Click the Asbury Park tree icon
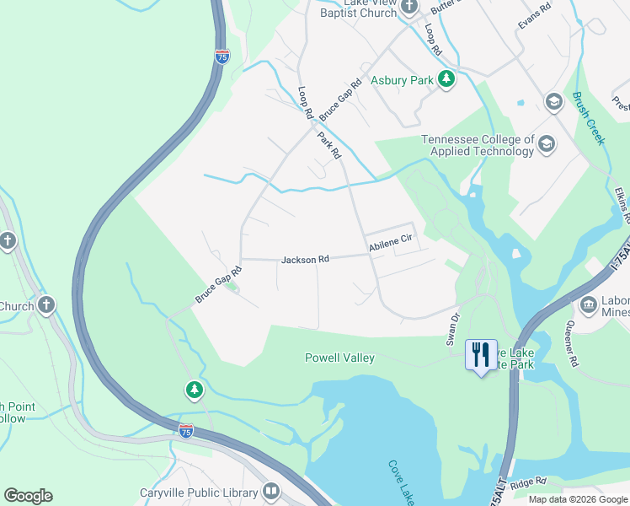(446, 80)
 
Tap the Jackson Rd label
(305, 260)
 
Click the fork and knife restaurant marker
(480, 353)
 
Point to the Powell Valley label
(339, 358)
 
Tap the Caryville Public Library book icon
(271, 491)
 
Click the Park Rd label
(329, 145)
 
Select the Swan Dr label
(454, 328)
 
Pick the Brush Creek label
(589, 118)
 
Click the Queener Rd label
(574, 347)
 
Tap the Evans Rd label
(534, 17)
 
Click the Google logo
(28, 496)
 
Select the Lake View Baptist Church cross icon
(410, 8)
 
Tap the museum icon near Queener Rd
(589, 304)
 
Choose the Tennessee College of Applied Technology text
(478, 145)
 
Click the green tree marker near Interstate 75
(195, 389)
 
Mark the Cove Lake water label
(401, 481)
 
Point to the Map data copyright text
(578, 498)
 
